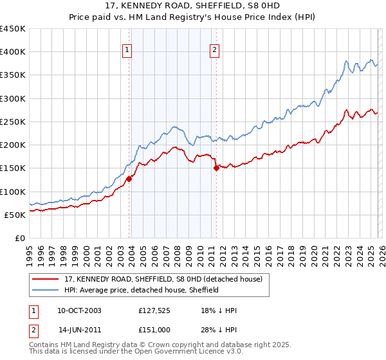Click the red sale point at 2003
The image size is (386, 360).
pos(129,179)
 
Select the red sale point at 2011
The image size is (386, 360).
pos(216,168)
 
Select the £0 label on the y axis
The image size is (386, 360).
pos(21,238)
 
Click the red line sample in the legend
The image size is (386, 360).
pos(46,280)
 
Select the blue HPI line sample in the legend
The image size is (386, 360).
pos(46,290)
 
